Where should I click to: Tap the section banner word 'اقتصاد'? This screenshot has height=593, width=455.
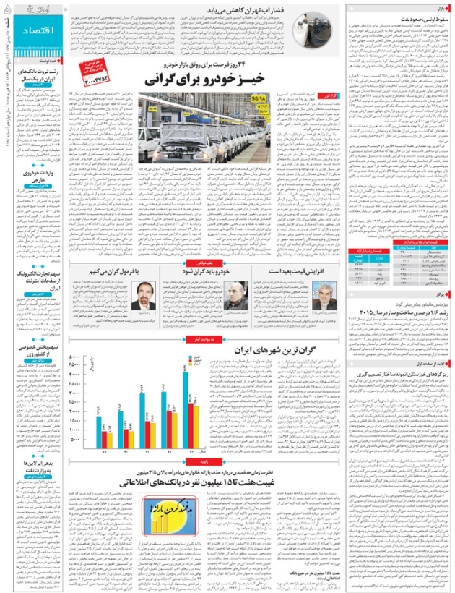click(29, 34)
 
